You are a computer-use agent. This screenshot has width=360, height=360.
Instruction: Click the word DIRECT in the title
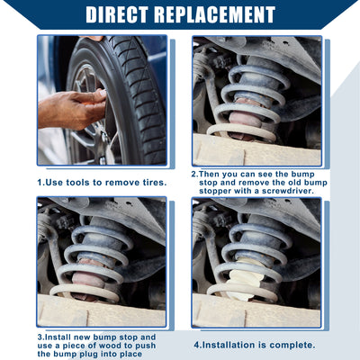tap(117, 13)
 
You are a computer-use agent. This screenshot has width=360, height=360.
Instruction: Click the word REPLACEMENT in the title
tap(215, 13)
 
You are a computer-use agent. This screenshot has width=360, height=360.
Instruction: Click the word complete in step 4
tap(292, 346)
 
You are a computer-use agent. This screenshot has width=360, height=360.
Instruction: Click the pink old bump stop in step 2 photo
tap(246, 119)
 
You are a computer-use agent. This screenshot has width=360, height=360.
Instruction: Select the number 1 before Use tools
tap(40, 183)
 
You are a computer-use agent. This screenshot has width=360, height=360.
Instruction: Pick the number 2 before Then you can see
tap(194, 174)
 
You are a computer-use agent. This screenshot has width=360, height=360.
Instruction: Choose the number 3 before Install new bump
tap(40, 337)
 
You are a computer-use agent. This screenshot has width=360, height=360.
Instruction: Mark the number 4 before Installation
tap(197, 346)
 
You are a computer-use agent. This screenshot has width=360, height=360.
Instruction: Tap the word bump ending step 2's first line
tap(302, 175)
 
